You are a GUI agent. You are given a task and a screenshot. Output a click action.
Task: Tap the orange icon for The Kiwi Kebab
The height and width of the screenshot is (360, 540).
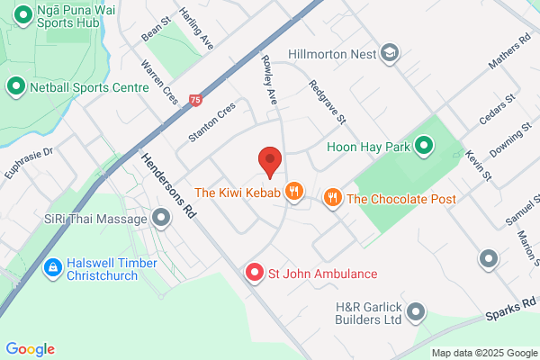(292, 191)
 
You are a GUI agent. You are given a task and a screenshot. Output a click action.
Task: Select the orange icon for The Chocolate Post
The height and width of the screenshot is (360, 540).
(332, 198)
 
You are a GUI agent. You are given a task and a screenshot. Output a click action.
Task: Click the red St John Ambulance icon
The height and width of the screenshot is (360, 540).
(255, 273)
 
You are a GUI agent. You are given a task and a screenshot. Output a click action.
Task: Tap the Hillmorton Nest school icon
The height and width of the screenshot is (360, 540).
(390, 53)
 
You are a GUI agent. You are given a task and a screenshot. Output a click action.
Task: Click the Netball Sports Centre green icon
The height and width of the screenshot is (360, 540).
(15, 87)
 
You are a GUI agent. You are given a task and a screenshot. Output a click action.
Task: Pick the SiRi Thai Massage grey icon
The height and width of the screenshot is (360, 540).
(161, 219)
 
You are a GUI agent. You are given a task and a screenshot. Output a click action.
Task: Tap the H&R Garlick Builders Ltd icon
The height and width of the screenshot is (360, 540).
(415, 312)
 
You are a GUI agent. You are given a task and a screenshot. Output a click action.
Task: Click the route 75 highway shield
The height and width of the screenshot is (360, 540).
(195, 101)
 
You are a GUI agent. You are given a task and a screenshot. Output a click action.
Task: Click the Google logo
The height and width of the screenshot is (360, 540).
(31, 349)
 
